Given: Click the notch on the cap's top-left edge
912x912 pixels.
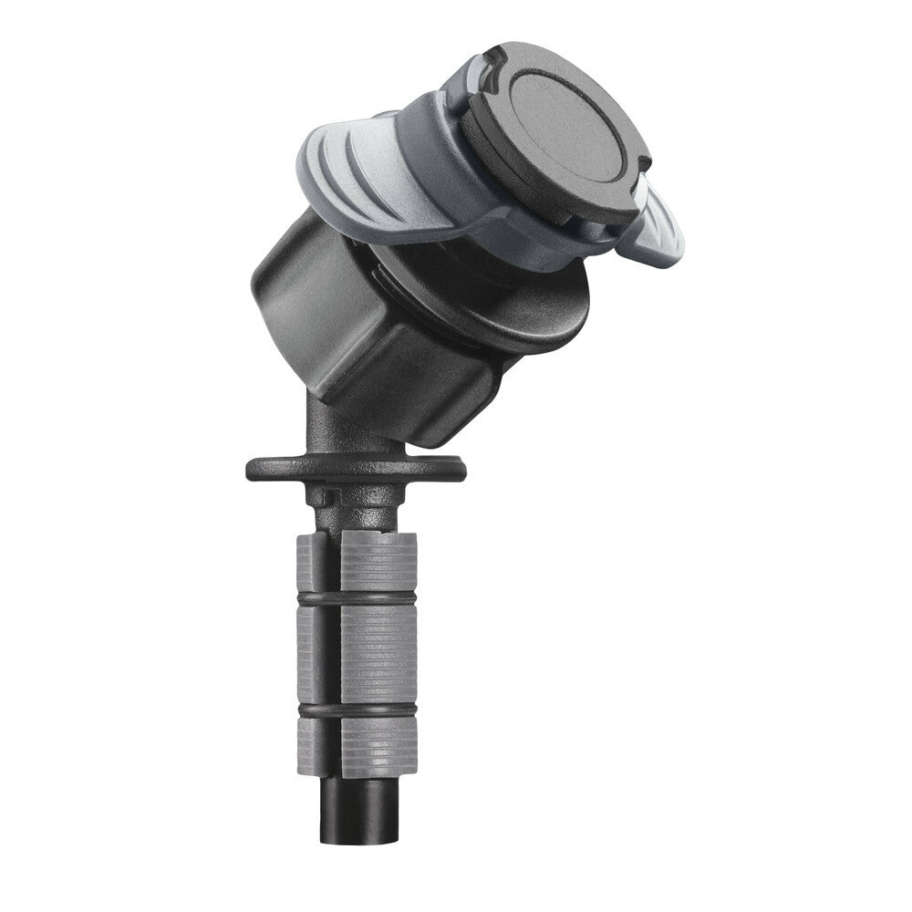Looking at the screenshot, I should click(493, 60).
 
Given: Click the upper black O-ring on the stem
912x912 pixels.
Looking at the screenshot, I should click(356, 598).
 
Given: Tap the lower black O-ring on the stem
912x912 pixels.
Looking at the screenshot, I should click(356, 709).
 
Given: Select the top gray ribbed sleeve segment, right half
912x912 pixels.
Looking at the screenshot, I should click(379, 561).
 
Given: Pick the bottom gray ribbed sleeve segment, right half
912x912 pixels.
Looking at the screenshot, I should click(379, 743).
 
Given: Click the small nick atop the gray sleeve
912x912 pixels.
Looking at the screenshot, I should click(376, 528).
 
